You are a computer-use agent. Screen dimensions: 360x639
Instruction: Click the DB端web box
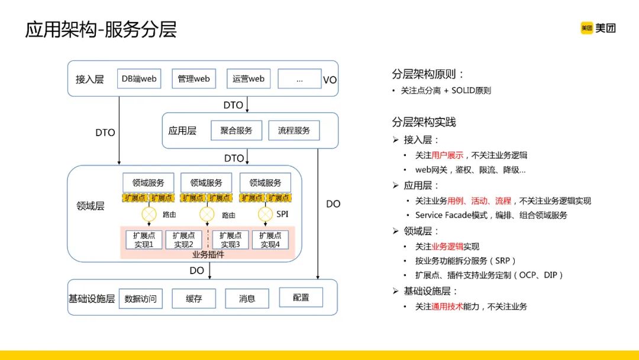point(139,79)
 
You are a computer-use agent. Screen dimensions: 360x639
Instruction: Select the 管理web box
point(194,79)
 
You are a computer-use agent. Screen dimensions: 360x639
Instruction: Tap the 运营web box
point(248,79)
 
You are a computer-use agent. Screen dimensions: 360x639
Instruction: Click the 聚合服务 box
point(235,130)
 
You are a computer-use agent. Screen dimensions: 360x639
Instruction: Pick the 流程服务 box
point(293,130)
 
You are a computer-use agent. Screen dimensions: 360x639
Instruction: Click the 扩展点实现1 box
point(143,240)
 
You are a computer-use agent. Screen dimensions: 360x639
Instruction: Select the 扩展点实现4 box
point(270,240)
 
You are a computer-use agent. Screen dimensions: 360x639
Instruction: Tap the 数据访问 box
point(140,298)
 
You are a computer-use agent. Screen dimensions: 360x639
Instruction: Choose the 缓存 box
point(193,298)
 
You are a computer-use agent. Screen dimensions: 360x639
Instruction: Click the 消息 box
point(247,298)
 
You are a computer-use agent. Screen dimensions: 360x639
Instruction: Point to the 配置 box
point(301,297)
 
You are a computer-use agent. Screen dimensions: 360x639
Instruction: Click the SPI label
point(282,214)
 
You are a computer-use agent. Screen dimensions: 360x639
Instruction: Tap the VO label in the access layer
point(330,79)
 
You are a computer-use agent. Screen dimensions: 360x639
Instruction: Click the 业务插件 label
point(208,255)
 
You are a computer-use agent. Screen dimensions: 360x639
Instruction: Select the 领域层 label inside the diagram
point(91,206)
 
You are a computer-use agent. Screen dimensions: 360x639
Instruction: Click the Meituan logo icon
point(587,28)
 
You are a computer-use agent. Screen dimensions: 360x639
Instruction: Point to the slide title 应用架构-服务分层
point(101,30)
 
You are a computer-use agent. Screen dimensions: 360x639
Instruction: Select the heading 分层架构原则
point(428,74)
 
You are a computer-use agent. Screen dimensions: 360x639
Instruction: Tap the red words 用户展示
point(447,155)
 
